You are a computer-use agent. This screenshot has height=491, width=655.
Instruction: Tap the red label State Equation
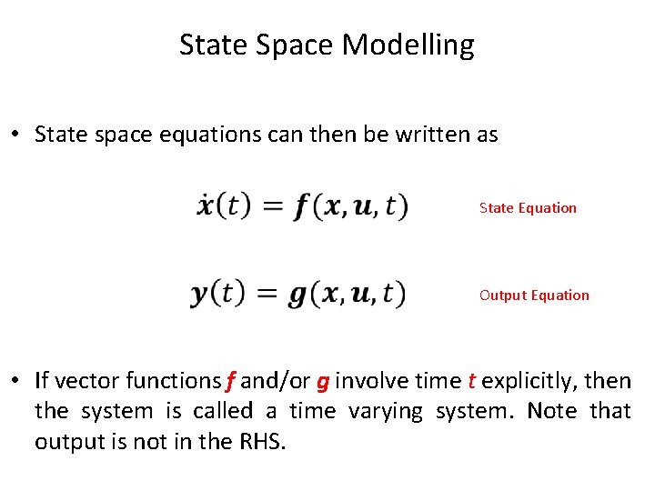pos(528,207)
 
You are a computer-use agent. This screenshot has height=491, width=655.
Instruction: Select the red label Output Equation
pos(534,295)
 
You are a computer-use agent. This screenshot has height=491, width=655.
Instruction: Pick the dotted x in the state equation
pos(206,205)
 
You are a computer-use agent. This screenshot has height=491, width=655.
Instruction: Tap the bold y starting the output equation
pos(200,295)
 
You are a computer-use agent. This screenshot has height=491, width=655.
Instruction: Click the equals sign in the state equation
pos(272,207)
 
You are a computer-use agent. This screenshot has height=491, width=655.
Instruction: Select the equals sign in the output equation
pos(267,295)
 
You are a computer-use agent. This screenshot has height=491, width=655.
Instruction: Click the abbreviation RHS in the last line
pos(264,442)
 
